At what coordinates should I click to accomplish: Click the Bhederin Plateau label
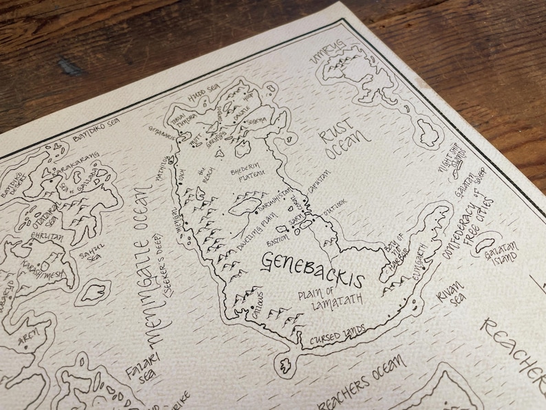256,173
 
